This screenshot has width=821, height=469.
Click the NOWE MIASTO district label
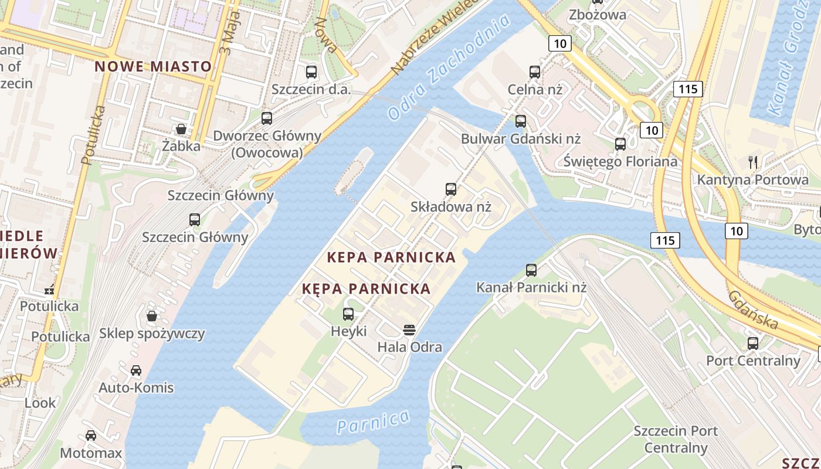153,66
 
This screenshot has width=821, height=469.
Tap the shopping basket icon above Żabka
181,129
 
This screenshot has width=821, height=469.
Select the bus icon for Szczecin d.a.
311,72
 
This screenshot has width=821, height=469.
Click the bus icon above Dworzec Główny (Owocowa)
267,118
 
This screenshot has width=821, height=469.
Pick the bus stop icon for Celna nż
535,72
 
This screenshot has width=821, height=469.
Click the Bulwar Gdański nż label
520,139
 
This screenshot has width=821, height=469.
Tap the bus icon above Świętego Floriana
620,144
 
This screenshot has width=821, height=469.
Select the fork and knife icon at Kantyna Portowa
753,162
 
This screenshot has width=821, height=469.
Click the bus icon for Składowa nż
450,189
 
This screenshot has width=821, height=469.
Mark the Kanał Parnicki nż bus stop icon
531,270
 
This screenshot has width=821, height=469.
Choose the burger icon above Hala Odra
409,329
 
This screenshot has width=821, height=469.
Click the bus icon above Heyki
348,314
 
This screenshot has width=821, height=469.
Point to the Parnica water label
374,422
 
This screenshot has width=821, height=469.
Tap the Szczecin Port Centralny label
676,440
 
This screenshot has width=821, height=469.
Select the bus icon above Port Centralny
753,343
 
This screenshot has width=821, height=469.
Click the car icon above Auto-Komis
136,370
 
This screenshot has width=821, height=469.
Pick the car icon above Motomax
91,435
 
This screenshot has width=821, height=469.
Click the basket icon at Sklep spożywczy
152,316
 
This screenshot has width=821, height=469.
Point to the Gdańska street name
753,310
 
